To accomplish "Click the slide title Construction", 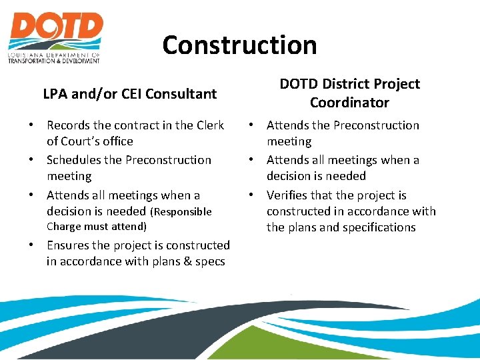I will coord(239,45).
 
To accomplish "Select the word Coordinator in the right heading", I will coord(349,103).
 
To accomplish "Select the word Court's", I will coord(81,141).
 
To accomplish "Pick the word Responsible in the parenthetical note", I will coord(183,212).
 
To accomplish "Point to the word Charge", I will coord(65,227).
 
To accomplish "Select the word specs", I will coord(210,261).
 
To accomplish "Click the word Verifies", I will coord(290,195).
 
